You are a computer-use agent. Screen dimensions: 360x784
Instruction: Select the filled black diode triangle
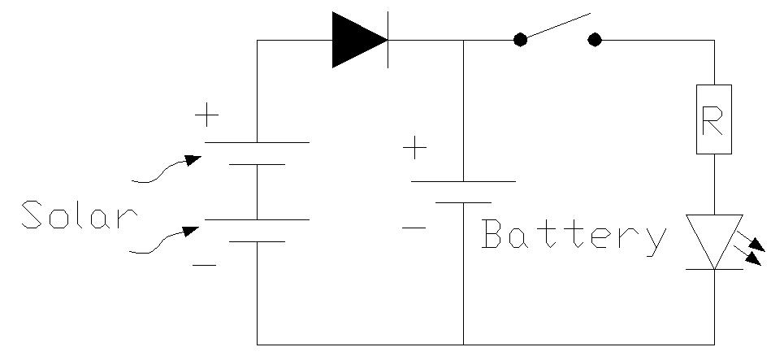click(357, 40)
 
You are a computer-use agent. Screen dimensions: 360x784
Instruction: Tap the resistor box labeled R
click(713, 119)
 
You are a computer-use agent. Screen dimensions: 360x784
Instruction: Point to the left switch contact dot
click(520, 40)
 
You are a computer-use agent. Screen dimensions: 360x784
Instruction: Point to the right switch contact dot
click(595, 40)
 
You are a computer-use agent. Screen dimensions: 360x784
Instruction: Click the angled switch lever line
click(557, 26)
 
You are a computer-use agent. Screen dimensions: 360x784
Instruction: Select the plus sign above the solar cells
click(208, 116)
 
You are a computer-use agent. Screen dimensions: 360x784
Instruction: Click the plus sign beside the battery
click(415, 149)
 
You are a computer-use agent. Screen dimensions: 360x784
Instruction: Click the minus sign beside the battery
click(414, 227)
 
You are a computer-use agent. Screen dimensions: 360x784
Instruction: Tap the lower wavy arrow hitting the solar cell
click(166, 240)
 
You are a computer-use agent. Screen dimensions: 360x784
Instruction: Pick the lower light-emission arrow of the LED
click(752, 258)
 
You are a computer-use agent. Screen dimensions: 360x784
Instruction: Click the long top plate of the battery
click(463, 181)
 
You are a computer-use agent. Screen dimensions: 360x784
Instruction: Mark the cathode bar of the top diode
click(388, 40)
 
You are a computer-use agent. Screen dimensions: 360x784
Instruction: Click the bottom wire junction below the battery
click(463, 345)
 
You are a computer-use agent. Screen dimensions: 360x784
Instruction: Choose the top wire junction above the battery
click(463, 40)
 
